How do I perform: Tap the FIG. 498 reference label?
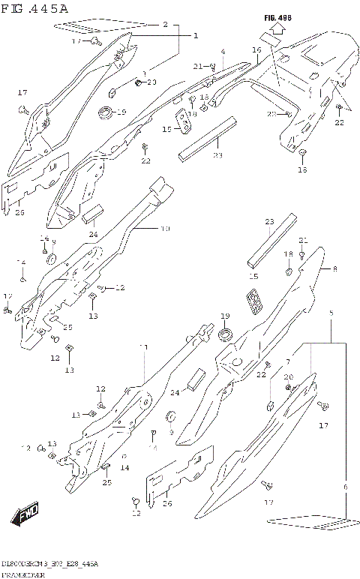pyautogui.click(x=277, y=16)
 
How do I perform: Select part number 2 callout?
pyautogui.click(x=165, y=25)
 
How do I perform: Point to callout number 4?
pyautogui.click(x=223, y=52)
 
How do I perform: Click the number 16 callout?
pyautogui.click(x=256, y=50)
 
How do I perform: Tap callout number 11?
pyautogui.click(x=143, y=347)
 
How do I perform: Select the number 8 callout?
pyautogui.click(x=334, y=268)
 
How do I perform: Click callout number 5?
pyautogui.click(x=330, y=312)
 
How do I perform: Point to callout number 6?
pyautogui.click(x=345, y=487)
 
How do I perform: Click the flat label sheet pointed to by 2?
pyautogui.click(x=82, y=29)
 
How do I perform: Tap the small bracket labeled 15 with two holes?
pyautogui.click(x=182, y=118)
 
